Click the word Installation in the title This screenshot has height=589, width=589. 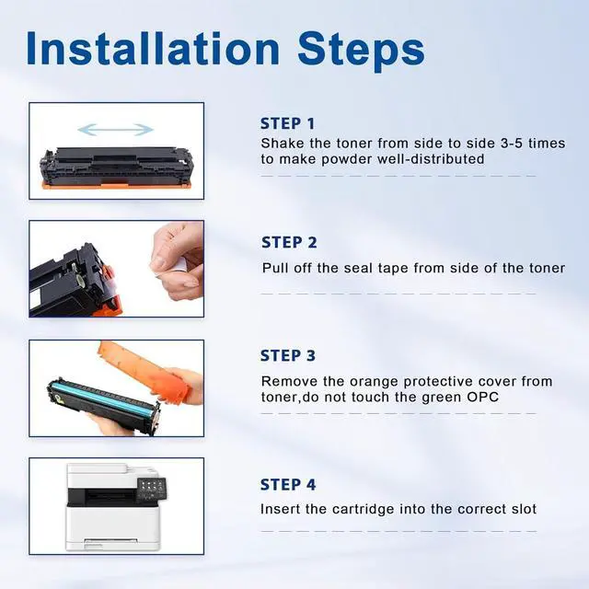tap(154, 50)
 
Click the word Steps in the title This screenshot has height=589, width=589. tap(361, 52)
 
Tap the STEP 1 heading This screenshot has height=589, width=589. tap(287, 123)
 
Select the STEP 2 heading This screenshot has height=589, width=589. tap(289, 242)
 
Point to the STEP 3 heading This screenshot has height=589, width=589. tap(288, 355)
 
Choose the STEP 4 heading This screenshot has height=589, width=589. tap(288, 485)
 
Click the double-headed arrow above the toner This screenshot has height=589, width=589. tap(116, 130)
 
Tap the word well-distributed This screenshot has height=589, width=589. tap(431, 159)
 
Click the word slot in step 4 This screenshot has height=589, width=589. tap(524, 509)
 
